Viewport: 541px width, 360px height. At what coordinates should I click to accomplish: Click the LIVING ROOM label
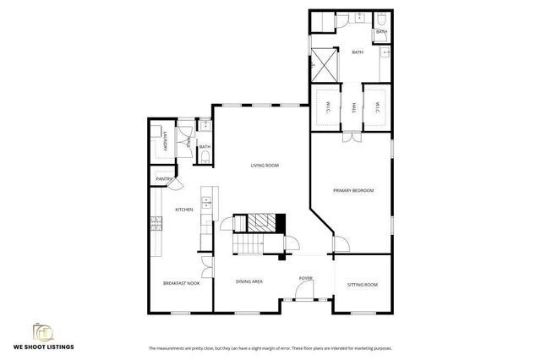click(265, 165)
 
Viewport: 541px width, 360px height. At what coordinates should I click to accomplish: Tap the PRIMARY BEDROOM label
click(353, 190)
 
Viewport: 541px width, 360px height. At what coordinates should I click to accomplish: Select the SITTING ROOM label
click(363, 285)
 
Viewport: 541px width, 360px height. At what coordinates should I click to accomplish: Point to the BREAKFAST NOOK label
click(181, 283)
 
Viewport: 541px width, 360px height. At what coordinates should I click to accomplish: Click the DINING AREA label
click(249, 281)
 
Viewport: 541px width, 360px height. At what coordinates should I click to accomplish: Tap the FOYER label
click(305, 278)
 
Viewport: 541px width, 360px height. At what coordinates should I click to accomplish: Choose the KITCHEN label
click(183, 210)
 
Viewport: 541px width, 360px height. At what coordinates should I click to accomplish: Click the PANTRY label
click(163, 179)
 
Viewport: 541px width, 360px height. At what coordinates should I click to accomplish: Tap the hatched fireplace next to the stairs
click(260, 222)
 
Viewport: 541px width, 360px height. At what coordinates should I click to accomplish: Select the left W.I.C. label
click(327, 107)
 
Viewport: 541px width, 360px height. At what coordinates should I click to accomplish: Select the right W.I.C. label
click(377, 107)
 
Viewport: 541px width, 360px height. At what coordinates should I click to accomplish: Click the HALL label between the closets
click(353, 107)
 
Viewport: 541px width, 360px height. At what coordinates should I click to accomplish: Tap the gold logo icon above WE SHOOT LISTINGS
click(41, 331)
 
